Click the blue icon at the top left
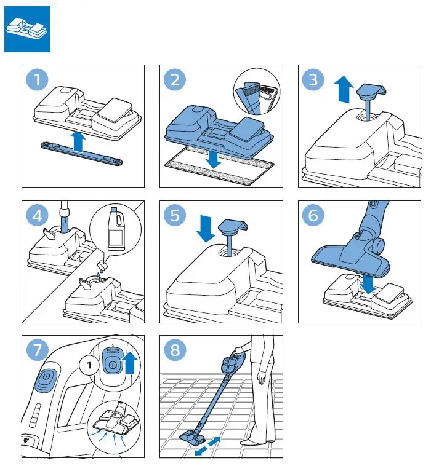click(x=28, y=30)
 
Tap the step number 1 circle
click(x=39, y=81)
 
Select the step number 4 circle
click(x=39, y=216)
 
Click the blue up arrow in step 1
click(x=78, y=141)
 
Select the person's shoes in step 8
click(x=259, y=441)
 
